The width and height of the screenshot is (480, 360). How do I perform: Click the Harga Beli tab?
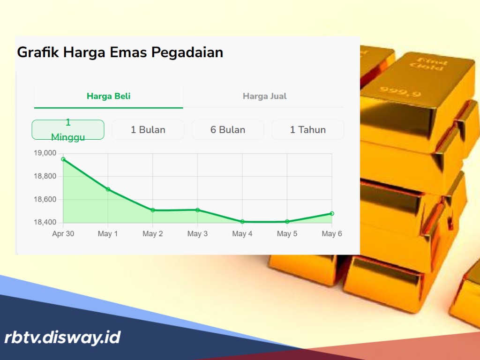108,97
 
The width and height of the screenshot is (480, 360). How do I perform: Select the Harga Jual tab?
264,97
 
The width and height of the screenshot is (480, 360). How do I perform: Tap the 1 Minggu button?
68,129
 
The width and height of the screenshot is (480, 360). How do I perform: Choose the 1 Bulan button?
148,130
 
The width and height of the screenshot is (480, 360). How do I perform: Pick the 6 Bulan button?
227,130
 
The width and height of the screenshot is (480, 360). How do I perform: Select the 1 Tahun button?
307,130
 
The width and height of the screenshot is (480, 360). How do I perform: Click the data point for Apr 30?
63,159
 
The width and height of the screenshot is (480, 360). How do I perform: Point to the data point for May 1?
108,189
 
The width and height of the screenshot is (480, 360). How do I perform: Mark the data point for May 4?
242,222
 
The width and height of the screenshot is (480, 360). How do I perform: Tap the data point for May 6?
332,213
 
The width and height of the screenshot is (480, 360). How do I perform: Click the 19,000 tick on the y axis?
45,153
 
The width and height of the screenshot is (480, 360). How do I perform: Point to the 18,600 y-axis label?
45,200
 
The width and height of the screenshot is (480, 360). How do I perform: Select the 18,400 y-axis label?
45,222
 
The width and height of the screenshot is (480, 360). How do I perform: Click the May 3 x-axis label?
197,234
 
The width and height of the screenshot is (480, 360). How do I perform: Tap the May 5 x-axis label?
287,234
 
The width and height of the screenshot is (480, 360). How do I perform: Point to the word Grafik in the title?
39,52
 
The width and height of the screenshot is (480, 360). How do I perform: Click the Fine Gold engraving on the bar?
427,63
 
